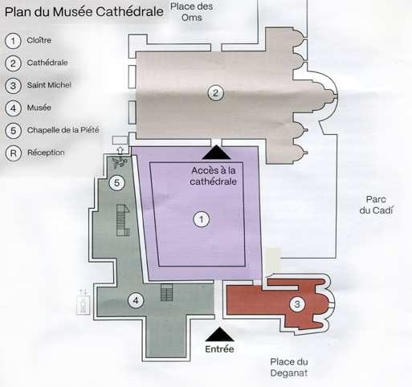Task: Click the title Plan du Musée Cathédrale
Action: [84, 12]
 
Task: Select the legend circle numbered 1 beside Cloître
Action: [13, 41]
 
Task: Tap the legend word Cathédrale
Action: [47, 63]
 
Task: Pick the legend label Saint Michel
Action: [49, 85]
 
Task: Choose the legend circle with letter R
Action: [13, 153]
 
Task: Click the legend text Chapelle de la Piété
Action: [63, 130]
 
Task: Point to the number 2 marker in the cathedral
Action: [215, 93]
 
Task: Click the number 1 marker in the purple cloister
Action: [202, 219]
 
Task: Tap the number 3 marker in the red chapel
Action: [297, 304]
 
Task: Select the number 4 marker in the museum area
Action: [136, 300]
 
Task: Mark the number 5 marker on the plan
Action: [116, 183]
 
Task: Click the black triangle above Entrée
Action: [219, 334]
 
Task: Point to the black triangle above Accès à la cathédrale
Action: [216, 153]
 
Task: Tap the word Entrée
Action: [219, 349]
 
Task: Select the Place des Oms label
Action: [192, 12]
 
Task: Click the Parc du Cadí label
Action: [376, 205]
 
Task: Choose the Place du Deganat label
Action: [289, 367]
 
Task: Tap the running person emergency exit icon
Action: [119, 162]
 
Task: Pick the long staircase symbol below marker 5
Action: [123, 220]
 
